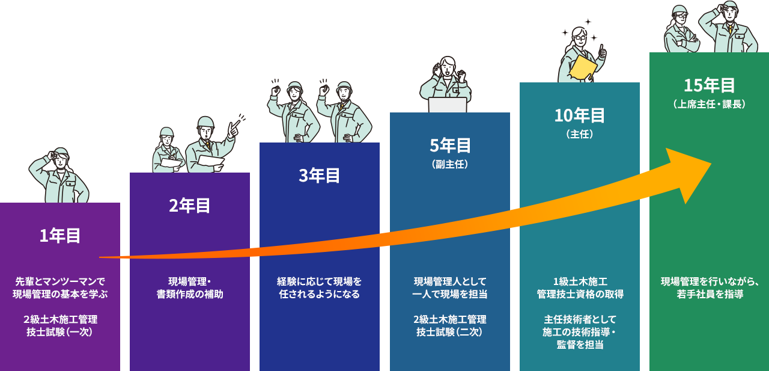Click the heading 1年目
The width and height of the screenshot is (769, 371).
coord(60,236)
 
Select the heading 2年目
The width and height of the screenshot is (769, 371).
coord(190,206)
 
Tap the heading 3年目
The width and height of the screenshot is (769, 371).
coord(320,176)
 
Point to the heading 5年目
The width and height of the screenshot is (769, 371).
coord(450,146)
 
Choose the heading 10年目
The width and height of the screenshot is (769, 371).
coord(580,115)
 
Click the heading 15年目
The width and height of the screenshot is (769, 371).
coord(710,85)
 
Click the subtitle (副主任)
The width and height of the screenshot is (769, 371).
coord(450,164)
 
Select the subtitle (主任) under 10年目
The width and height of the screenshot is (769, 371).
coord(580,134)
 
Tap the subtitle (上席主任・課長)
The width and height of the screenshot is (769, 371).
coord(710,104)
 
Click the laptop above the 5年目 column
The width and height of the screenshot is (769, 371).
coord(448,105)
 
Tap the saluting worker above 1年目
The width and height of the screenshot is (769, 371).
coord(59,175)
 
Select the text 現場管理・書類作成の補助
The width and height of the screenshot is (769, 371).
coord(190,287)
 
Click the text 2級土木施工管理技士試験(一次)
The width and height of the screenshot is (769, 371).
coord(60,325)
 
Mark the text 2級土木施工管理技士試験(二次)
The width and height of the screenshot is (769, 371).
coord(450,325)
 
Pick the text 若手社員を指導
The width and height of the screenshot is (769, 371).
coord(710,295)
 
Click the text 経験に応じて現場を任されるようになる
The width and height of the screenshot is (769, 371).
coord(320,287)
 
